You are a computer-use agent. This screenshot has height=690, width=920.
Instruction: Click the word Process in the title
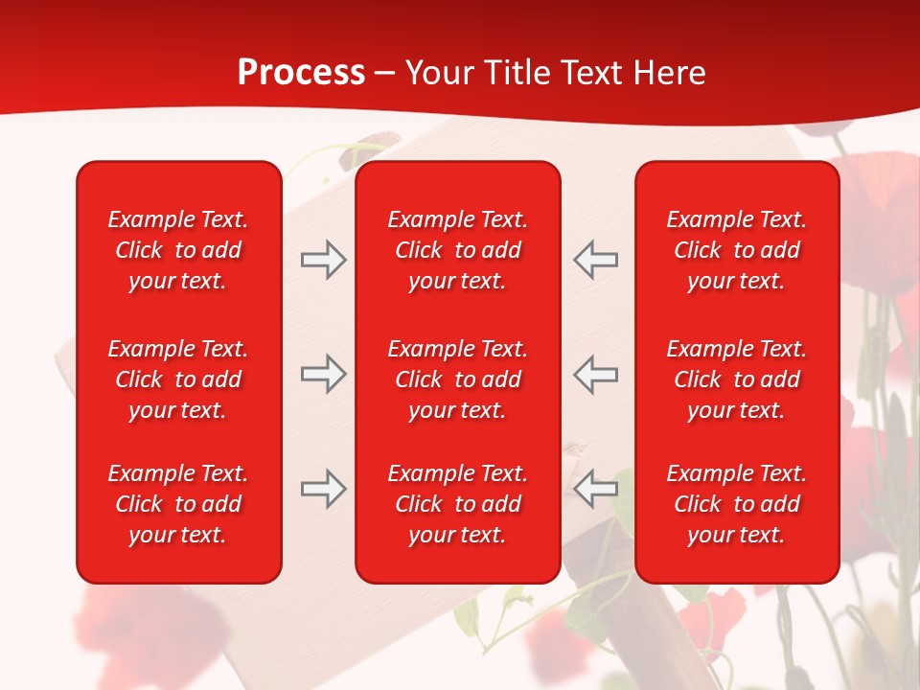pos(301,73)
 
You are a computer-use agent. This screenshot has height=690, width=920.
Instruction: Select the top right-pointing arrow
pos(323,260)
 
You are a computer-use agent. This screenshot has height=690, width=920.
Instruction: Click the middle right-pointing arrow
pos(323,375)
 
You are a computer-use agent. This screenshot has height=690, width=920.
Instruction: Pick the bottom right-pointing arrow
pos(323,489)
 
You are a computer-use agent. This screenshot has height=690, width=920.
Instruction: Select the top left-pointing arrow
pos(595,260)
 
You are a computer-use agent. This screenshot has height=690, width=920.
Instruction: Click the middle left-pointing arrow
pos(595,375)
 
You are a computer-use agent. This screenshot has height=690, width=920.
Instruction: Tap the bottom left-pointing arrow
pos(595,489)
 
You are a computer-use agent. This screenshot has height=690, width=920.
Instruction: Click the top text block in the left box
pos(178,250)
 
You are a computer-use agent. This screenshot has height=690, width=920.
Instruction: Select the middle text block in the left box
pos(178,379)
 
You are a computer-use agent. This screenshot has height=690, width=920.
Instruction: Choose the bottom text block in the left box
pos(178,504)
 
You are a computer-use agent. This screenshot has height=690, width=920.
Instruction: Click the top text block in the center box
pos(457,250)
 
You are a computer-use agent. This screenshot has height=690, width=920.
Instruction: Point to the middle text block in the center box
pos(457,379)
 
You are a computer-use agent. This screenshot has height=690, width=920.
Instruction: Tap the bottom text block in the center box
pos(457,504)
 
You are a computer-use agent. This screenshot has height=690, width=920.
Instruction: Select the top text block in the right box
pos(736,250)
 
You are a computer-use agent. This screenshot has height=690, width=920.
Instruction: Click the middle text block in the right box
pos(736,379)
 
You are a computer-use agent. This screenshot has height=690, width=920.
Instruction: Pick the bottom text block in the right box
pos(736,504)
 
